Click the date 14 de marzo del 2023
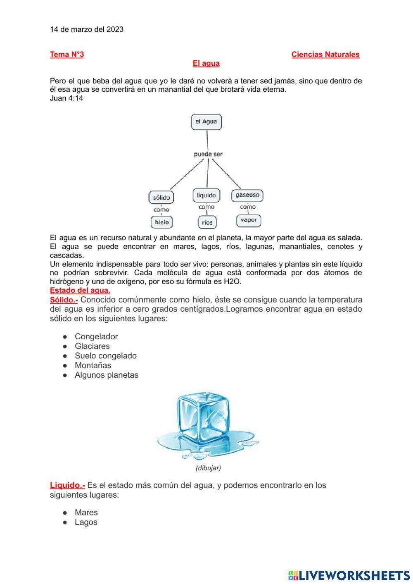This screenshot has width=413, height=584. click(x=86, y=29)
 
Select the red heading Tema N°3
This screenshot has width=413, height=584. click(x=66, y=55)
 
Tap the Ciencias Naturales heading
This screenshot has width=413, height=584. click(x=325, y=55)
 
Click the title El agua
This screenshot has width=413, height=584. click(x=206, y=63)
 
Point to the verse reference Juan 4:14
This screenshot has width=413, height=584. click(x=66, y=98)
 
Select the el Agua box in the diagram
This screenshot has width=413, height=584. click(x=206, y=122)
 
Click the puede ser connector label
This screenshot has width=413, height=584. click(x=208, y=154)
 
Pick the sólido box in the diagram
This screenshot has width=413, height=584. click(x=161, y=198)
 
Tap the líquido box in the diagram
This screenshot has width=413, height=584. click(x=206, y=195)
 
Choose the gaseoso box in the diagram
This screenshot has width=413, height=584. click(x=247, y=195)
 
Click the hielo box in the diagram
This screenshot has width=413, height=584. click(x=161, y=222)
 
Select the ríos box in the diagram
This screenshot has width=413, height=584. click(x=207, y=222)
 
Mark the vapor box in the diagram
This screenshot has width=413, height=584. click(x=249, y=220)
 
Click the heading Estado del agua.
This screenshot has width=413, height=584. click(x=80, y=290)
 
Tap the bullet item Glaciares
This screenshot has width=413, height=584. click(x=92, y=346)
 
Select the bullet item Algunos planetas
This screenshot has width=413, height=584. click(x=106, y=375)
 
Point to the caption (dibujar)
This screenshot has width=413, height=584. click(x=208, y=468)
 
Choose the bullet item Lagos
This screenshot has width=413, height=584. click(x=86, y=522)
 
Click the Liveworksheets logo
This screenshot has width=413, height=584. click(x=349, y=575)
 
